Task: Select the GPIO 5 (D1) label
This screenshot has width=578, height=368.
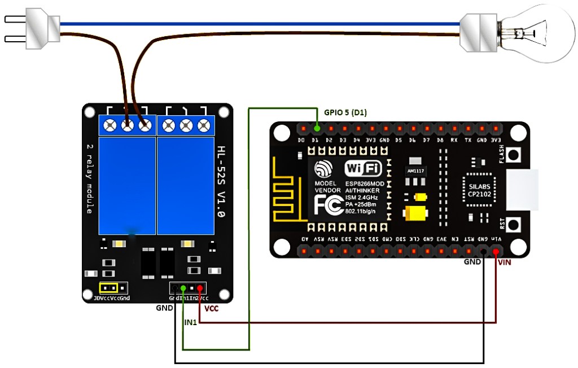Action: tap(345, 112)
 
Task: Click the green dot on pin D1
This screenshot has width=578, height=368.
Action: tap(315, 129)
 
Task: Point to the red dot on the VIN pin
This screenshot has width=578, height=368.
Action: tap(496, 252)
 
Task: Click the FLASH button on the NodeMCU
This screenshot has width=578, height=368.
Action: tap(514, 154)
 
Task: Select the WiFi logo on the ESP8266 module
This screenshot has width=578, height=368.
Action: tap(364, 169)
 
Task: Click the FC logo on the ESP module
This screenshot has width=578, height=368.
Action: tap(328, 207)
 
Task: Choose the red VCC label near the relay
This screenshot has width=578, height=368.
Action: tap(211, 309)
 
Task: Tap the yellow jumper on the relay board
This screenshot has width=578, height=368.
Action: tap(108, 287)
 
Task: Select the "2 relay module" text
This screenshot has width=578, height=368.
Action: tap(89, 178)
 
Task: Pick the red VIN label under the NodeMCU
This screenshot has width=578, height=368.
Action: tap(505, 262)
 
